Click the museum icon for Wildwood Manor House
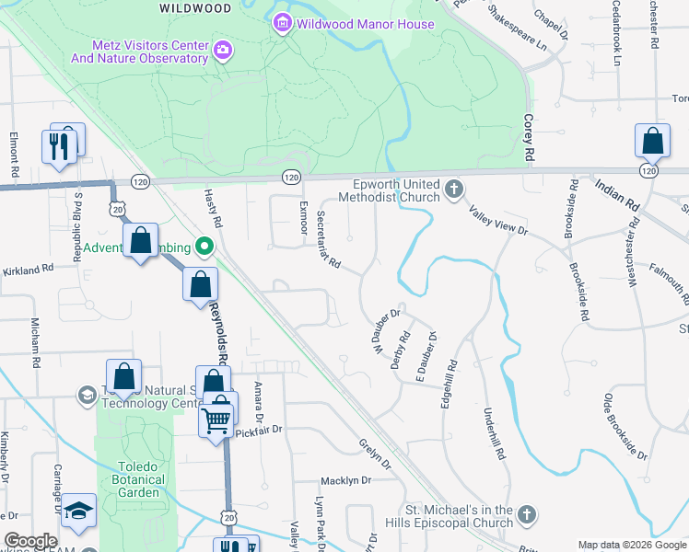(x=283, y=24)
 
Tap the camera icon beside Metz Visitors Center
(x=222, y=50)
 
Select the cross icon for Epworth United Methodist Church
(x=452, y=190)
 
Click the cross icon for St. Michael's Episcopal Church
(x=526, y=515)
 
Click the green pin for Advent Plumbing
(x=204, y=247)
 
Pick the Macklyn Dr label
(x=345, y=481)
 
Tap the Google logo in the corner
(x=30, y=541)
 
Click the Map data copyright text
(x=631, y=545)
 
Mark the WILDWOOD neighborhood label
(x=195, y=8)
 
